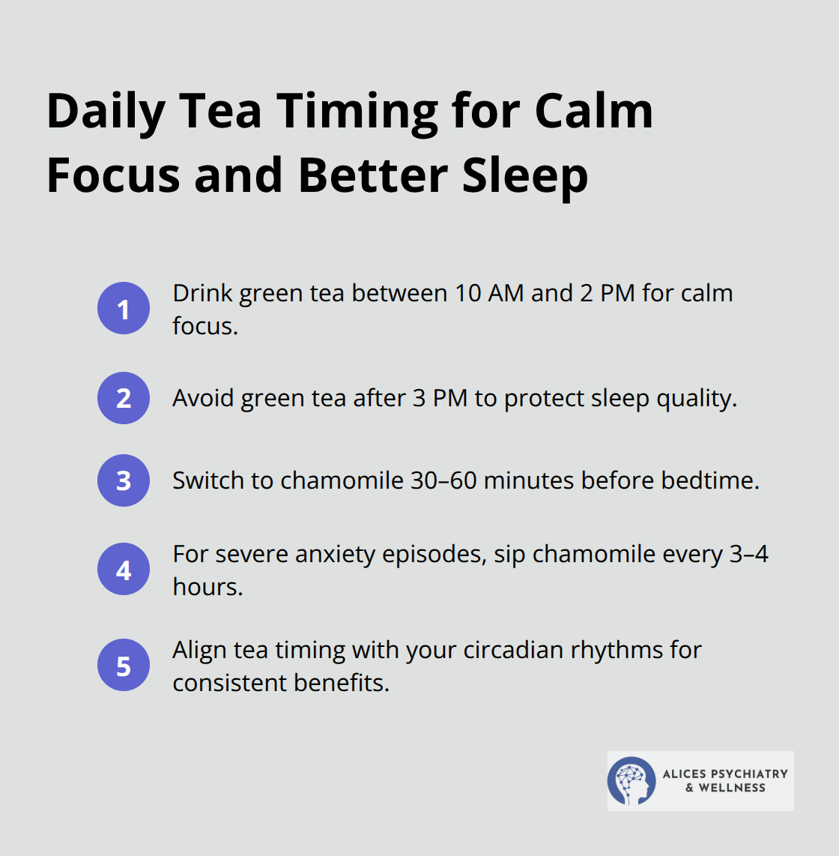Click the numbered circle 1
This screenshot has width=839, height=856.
click(124, 309)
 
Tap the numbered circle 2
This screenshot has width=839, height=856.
click(124, 398)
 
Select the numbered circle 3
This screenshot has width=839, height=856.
click(124, 480)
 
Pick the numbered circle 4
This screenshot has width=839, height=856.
click(124, 570)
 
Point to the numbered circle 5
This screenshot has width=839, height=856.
click(124, 666)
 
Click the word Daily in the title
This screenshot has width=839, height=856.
click(106, 112)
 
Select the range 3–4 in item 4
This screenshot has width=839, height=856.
click(749, 554)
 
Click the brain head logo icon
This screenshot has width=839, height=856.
click(631, 780)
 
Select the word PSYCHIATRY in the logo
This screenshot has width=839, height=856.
click(747, 774)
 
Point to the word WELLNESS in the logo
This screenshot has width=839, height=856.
click(732, 788)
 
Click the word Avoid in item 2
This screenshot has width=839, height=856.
click(203, 398)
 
